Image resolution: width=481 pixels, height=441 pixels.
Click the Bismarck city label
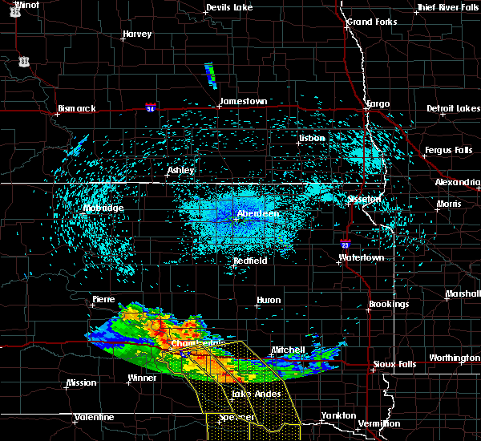77,108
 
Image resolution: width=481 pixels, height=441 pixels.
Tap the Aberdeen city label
257,214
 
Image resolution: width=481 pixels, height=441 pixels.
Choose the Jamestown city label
243,101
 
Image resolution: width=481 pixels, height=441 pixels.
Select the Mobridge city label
103,208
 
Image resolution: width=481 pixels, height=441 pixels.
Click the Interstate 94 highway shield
151,106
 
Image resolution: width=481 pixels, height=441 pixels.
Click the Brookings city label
389,304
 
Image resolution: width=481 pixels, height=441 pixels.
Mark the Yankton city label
338,415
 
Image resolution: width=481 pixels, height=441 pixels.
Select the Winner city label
143,377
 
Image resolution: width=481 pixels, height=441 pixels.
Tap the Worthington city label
453,358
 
